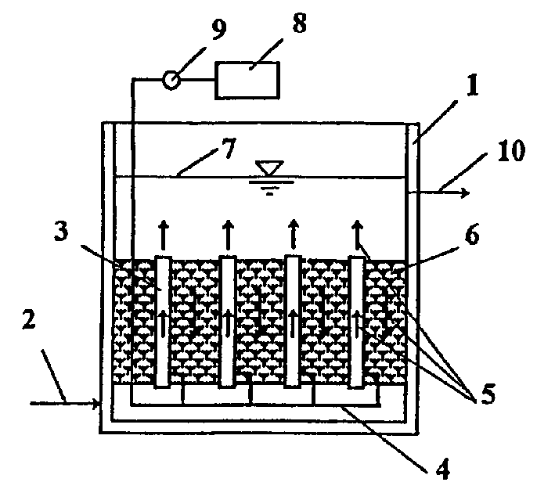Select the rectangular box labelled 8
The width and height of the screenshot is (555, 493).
250,79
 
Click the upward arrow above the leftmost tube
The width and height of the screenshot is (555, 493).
163,232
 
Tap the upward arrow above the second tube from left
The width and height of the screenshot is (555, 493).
228,232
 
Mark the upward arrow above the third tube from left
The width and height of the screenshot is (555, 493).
293,232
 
